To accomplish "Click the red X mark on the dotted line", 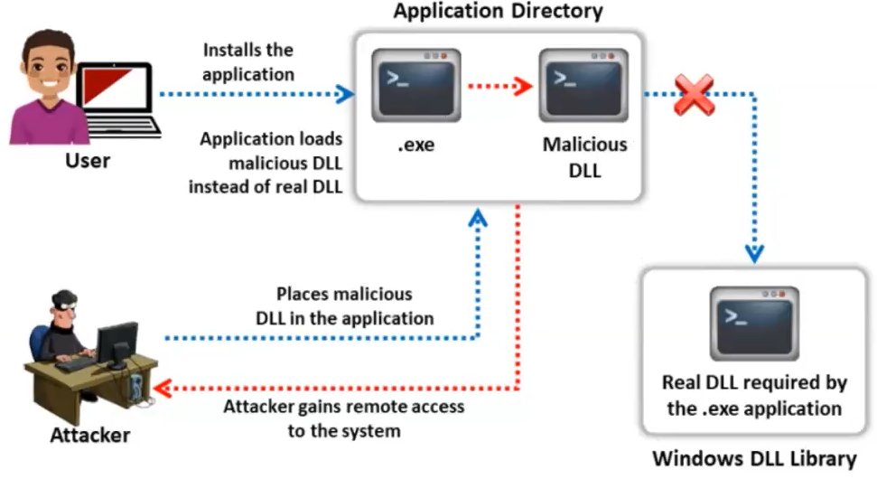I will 694,94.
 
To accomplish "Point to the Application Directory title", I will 498,12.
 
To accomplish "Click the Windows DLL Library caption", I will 754,458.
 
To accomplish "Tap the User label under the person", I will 88,162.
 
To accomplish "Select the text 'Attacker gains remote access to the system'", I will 343,418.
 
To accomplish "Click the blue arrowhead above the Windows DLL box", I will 753,251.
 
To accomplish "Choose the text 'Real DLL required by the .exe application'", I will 754,395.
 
